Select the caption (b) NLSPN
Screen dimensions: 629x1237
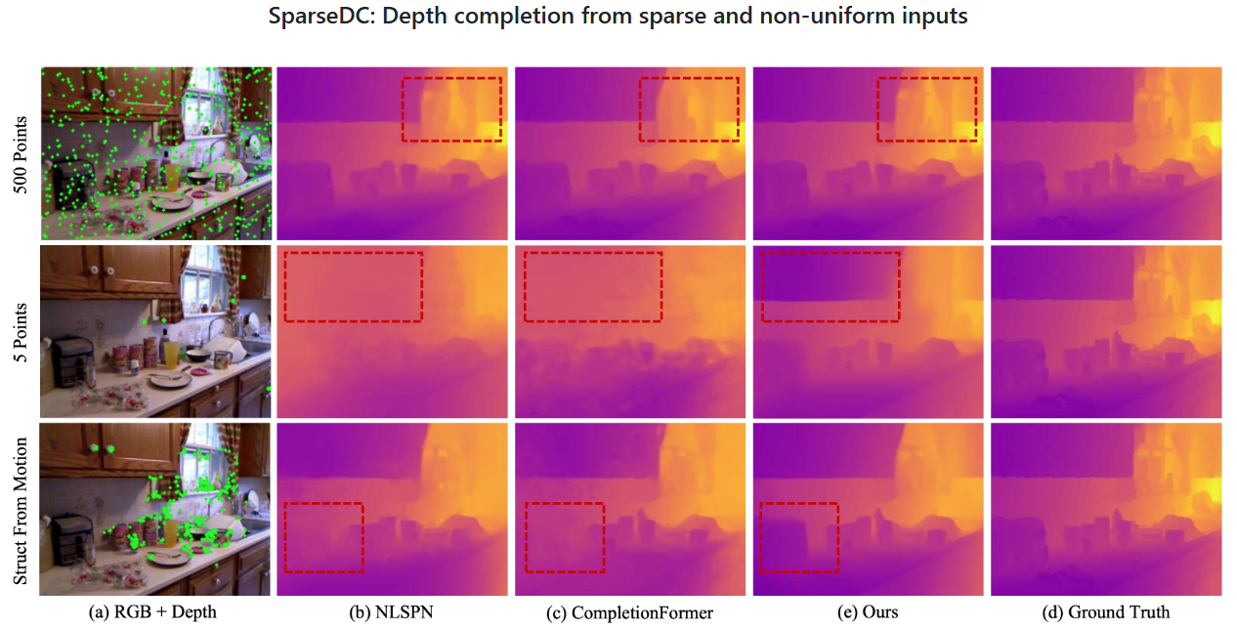(391, 612)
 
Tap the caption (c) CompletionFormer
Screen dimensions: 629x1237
(629, 612)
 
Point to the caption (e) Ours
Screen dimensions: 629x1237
(868, 612)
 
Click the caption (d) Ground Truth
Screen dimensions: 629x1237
(1106, 612)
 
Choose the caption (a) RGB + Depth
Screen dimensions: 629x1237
(154, 612)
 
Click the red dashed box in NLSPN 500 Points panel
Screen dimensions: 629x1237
(451, 109)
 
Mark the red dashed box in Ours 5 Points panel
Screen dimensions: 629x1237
(831, 286)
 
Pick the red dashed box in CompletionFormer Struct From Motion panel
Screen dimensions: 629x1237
(565, 537)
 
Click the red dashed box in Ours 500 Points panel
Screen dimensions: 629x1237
(927, 109)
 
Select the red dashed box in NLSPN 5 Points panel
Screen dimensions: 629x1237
(353, 286)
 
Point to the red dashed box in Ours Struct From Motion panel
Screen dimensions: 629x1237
(799, 537)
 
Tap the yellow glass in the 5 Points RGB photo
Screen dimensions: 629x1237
(172, 354)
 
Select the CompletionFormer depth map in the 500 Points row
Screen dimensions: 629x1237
(629, 153)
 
